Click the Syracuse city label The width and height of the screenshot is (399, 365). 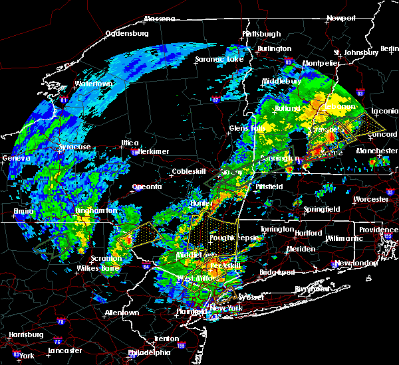click(x=74, y=147)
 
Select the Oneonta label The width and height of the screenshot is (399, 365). click(x=147, y=186)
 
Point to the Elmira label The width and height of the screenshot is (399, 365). click(x=25, y=213)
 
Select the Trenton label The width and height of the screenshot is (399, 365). click(x=166, y=338)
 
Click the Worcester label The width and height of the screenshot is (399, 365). click(x=371, y=199)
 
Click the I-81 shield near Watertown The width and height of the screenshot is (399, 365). click(x=65, y=100)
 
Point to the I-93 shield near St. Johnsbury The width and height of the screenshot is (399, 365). click(x=360, y=94)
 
